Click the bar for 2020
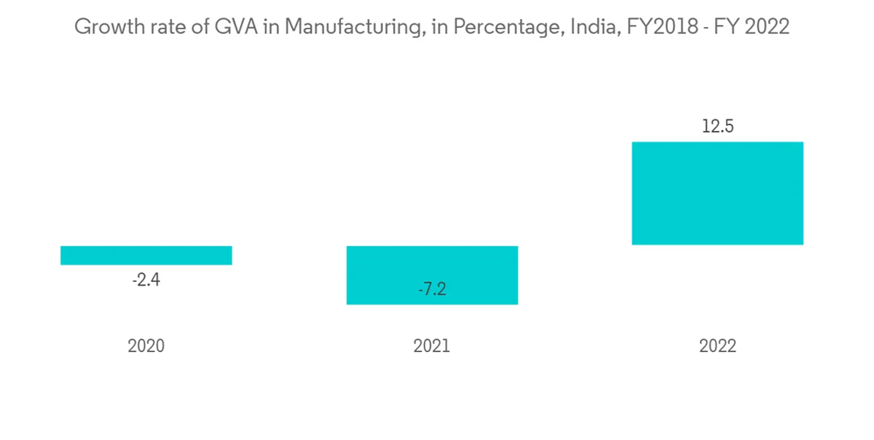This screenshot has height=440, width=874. tap(146, 255)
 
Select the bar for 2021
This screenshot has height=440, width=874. tap(432, 275)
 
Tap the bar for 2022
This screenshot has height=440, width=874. tap(718, 193)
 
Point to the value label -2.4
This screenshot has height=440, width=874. tap(146, 281)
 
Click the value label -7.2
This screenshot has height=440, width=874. tap(432, 290)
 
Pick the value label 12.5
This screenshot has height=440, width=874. tap(718, 127)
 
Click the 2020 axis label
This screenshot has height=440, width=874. tap(146, 346)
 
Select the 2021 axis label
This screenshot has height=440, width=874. tap(432, 346)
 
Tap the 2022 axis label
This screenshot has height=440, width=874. tap(718, 346)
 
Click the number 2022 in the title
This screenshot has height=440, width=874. tap(766, 28)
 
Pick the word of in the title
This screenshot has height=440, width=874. tap(196, 28)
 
